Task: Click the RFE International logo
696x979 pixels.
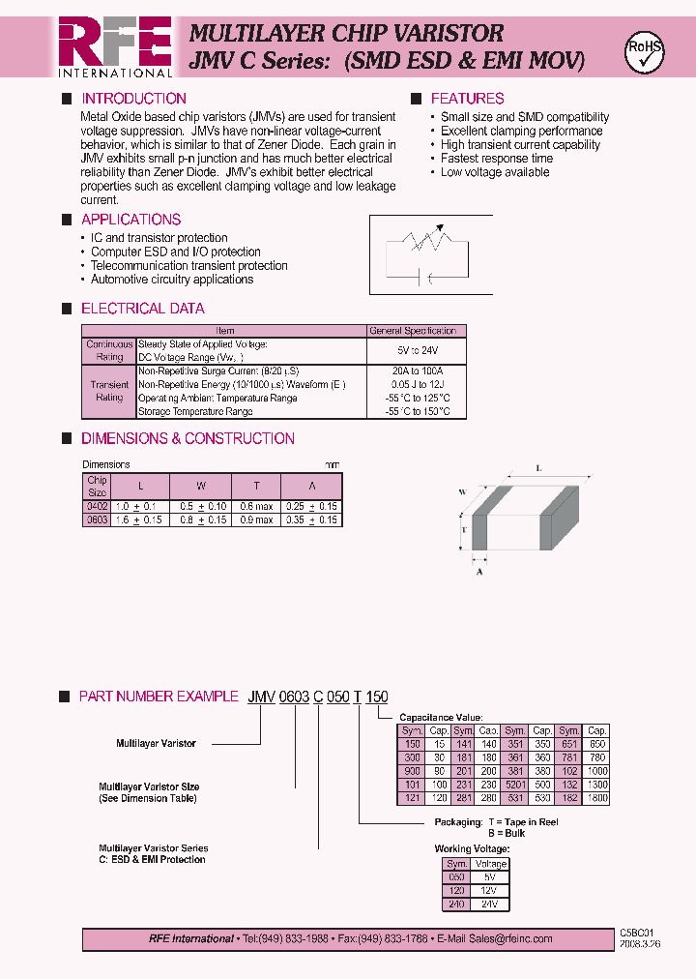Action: pos(115,46)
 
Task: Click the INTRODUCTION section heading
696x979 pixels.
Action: pos(133,99)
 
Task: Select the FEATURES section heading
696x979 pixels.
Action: pos(467,99)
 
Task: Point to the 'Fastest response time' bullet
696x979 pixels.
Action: pos(497,159)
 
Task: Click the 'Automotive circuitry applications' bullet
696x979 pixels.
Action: pos(171,280)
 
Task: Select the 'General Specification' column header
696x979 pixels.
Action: pos(413,331)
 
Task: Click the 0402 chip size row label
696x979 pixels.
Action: pos(97,507)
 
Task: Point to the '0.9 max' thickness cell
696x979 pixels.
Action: pos(256,520)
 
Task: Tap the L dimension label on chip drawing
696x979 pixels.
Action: pos(537,468)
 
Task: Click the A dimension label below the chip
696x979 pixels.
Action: pos(479,572)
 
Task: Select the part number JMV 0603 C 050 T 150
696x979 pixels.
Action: pos(318,697)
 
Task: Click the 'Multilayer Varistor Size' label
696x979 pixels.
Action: pos(149,787)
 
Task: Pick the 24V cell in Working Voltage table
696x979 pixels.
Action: pos(491,905)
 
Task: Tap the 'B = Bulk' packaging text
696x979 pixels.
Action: pos(507,833)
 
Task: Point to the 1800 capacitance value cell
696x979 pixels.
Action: pos(596,799)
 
